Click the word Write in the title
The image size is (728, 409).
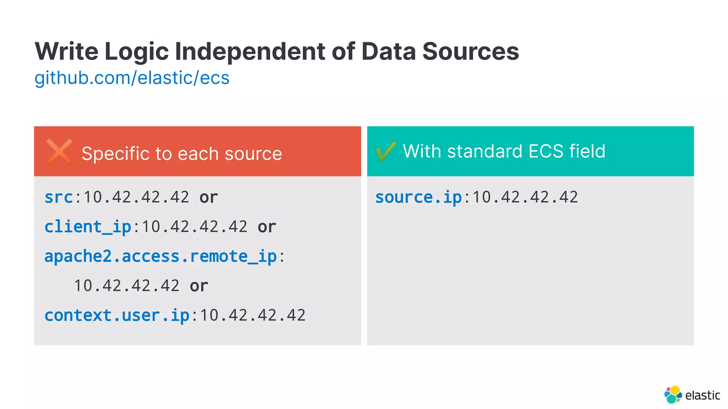66,51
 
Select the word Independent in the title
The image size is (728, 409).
250,51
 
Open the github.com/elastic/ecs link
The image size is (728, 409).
132,78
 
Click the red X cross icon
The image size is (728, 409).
59,152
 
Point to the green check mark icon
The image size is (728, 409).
386,151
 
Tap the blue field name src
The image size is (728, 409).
59,197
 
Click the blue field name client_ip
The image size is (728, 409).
88,227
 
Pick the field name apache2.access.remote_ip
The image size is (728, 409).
160,256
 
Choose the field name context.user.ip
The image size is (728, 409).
117,315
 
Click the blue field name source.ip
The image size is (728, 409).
418,197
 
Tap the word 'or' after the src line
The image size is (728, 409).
209,197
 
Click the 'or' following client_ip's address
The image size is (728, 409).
267,227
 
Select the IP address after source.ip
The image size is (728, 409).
525,197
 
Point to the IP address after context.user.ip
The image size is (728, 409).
253,315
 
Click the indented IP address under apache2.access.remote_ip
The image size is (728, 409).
127,286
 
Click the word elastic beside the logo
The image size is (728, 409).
702,395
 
